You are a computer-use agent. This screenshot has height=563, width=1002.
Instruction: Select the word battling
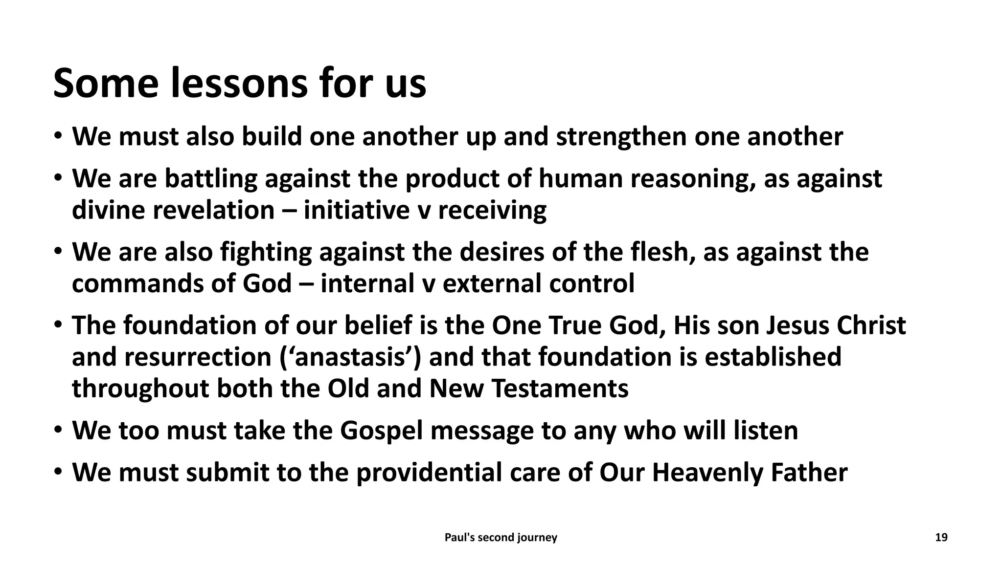tap(211, 178)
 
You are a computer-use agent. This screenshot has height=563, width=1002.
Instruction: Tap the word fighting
tap(266, 252)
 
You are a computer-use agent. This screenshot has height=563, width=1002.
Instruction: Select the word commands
tap(137, 283)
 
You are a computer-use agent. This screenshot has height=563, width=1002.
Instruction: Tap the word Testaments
tap(560, 389)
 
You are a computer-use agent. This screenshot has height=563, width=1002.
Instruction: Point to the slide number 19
tap(941, 538)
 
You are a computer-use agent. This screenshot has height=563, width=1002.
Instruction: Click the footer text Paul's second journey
tap(501, 538)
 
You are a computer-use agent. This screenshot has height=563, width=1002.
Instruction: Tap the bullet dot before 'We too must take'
tap(58, 431)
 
